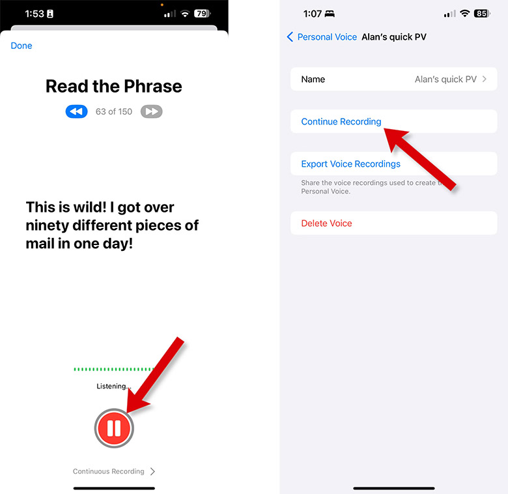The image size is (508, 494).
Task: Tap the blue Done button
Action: pos(21,46)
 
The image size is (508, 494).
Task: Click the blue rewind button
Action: pos(76,111)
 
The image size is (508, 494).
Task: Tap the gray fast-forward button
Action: pos(151,111)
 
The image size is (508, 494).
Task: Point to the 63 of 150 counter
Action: pos(114,111)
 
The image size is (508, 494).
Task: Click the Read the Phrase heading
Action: pos(114,86)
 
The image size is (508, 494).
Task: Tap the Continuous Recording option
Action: pos(114,471)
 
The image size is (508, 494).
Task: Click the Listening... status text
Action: pos(114,386)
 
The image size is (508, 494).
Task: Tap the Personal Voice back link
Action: pos(322,37)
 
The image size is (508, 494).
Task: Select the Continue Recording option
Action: pos(341,122)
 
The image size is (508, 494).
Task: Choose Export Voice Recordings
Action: pos(351,164)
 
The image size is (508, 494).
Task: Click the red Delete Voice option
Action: pos(326,224)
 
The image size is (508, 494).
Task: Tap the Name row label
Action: pos(313,80)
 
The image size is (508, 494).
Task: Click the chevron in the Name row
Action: pos(485,79)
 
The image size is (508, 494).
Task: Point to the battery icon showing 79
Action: pos(203,14)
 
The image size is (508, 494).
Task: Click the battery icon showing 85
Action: pos(482,14)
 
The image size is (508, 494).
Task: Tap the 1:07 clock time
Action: pos(313,14)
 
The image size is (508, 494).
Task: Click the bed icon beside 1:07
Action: pos(330,14)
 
